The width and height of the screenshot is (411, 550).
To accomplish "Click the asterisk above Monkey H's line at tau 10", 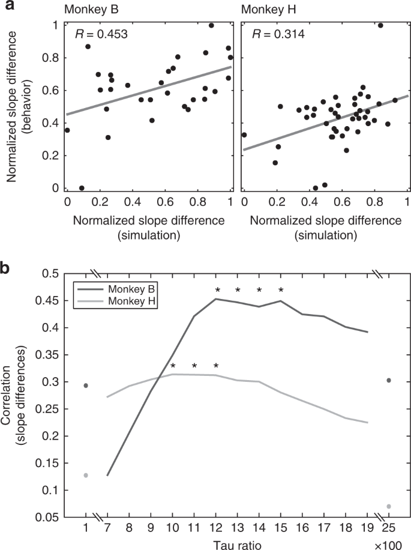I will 173,366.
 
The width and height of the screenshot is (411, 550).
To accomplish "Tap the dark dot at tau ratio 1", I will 86,385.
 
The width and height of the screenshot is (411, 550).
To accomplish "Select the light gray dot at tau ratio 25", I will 389,506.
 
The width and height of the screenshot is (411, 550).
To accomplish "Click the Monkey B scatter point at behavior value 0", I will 82,188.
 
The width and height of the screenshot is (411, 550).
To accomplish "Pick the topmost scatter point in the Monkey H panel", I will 380,25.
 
